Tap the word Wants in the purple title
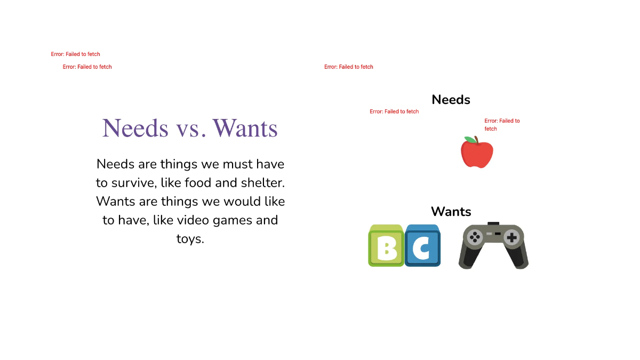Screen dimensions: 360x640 245,129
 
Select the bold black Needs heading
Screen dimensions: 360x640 451,100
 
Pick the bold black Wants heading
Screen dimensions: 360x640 451,212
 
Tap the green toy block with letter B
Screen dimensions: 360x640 386,246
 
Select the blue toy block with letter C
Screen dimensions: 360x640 423,246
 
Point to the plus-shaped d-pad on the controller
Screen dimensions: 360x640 511,237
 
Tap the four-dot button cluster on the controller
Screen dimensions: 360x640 474,237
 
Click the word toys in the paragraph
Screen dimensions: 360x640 190,238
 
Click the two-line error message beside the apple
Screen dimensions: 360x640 502,125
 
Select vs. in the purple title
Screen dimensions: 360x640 190,129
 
